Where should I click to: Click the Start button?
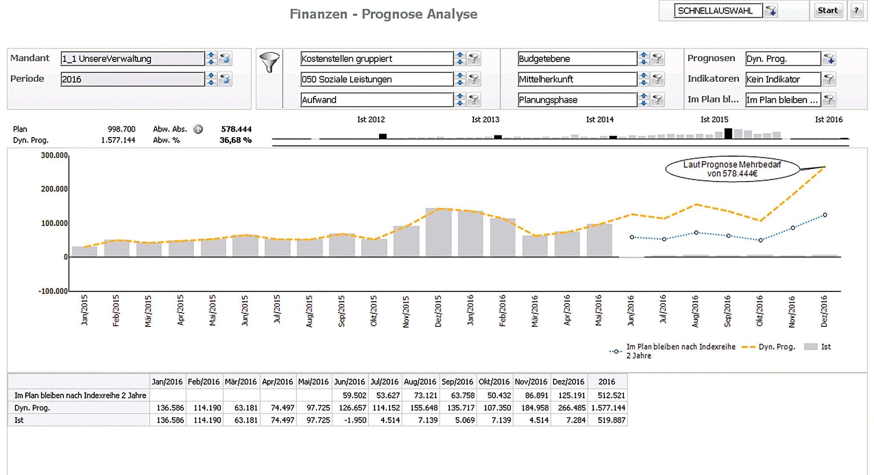(x=827, y=11)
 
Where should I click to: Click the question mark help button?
(x=857, y=11)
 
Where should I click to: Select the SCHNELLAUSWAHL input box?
(x=718, y=11)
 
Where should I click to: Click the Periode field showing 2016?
(x=132, y=79)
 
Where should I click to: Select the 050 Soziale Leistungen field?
(x=376, y=79)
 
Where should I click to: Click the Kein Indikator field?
(x=783, y=79)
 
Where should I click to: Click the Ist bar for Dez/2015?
(x=438, y=233)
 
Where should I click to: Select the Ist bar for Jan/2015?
(x=84, y=252)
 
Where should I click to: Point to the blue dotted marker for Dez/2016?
(x=825, y=215)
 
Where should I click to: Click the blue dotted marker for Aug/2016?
(x=696, y=233)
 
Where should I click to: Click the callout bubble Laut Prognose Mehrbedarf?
(x=732, y=169)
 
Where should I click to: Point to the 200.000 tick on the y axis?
(x=54, y=189)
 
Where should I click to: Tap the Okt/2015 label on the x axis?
(x=373, y=311)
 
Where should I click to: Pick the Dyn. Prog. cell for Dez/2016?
(x=569, y=408)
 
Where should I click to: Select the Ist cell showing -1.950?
(x=350, y=420)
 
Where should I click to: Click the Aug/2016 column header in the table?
(x=420, y=382)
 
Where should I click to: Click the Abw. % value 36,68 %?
(x=236, y=140)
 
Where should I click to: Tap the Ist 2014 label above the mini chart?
(x=600, y=120)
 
